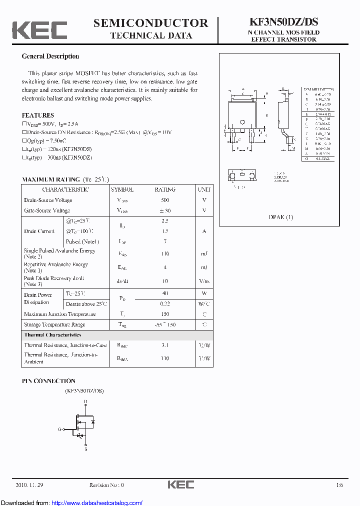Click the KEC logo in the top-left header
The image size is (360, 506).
(39, 30)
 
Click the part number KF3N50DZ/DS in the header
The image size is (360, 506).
(283, 22)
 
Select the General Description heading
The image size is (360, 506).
(50, 56)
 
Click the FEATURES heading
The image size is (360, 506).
(37, 115)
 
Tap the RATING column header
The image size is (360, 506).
(165, 189)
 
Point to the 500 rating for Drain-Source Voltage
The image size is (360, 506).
(165, 200)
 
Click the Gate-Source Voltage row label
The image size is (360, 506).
(47, 210)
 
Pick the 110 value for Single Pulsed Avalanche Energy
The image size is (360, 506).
(165, 254)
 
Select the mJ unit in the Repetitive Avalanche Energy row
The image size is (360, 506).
(204, 267)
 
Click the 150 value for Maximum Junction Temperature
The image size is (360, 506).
(165, 314)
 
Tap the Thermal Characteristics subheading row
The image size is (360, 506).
(52, 335)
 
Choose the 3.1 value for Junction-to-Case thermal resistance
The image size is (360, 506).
(165, 345)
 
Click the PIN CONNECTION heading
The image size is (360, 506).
(48, 381)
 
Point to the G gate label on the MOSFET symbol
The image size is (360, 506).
(59, 429)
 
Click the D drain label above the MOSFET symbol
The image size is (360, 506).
(85, 401)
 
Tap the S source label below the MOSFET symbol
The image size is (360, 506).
(85, 449)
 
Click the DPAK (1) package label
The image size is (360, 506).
(281, 217)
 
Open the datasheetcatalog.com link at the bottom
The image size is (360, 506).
(97, 502)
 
